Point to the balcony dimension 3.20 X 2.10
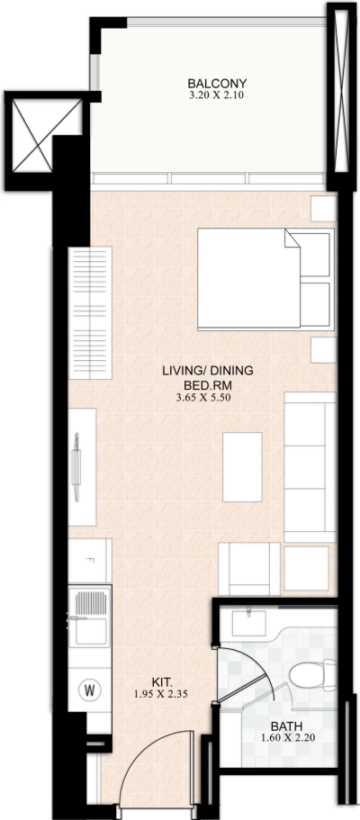point(212,94)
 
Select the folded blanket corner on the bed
point(294,241)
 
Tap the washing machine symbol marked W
point(90,691)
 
